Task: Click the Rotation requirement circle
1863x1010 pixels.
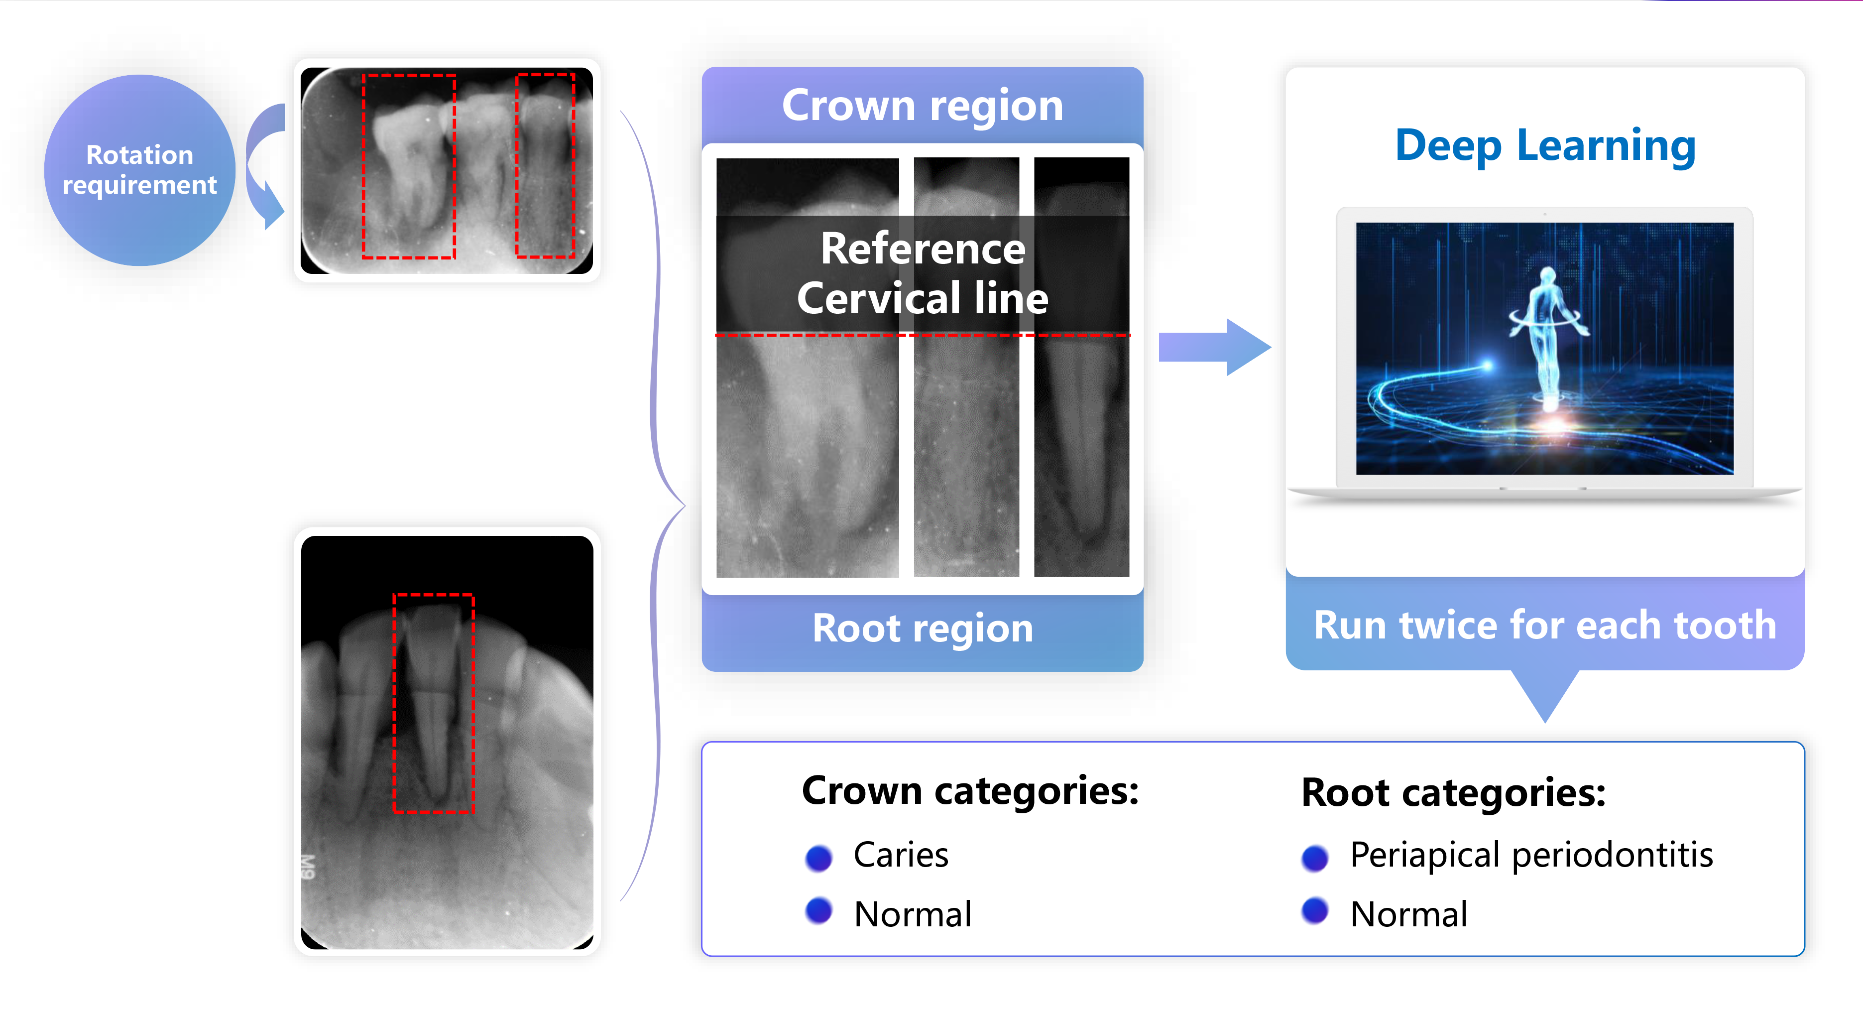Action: (x=139, y=170)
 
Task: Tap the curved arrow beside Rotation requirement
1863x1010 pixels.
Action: (x=263, y=166)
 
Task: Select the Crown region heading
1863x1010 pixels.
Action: (x=922, y=106)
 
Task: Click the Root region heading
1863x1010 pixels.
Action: (x=922, y=628)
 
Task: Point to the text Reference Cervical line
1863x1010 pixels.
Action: (x=922, y=273)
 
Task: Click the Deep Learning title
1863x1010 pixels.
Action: (x=1545, y=145)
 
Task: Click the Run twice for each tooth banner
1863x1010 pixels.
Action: (x=1545, y=625)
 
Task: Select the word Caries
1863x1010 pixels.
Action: (x=901, y=855)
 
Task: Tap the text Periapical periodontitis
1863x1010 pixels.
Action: (x=1531, y=855)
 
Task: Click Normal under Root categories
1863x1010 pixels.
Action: (x=1408, y=914)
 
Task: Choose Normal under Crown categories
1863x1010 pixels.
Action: (x=912, y=914)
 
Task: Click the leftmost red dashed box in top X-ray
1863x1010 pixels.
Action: (x=409, y=166)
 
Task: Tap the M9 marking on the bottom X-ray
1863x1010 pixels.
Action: (x=308, y=867)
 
